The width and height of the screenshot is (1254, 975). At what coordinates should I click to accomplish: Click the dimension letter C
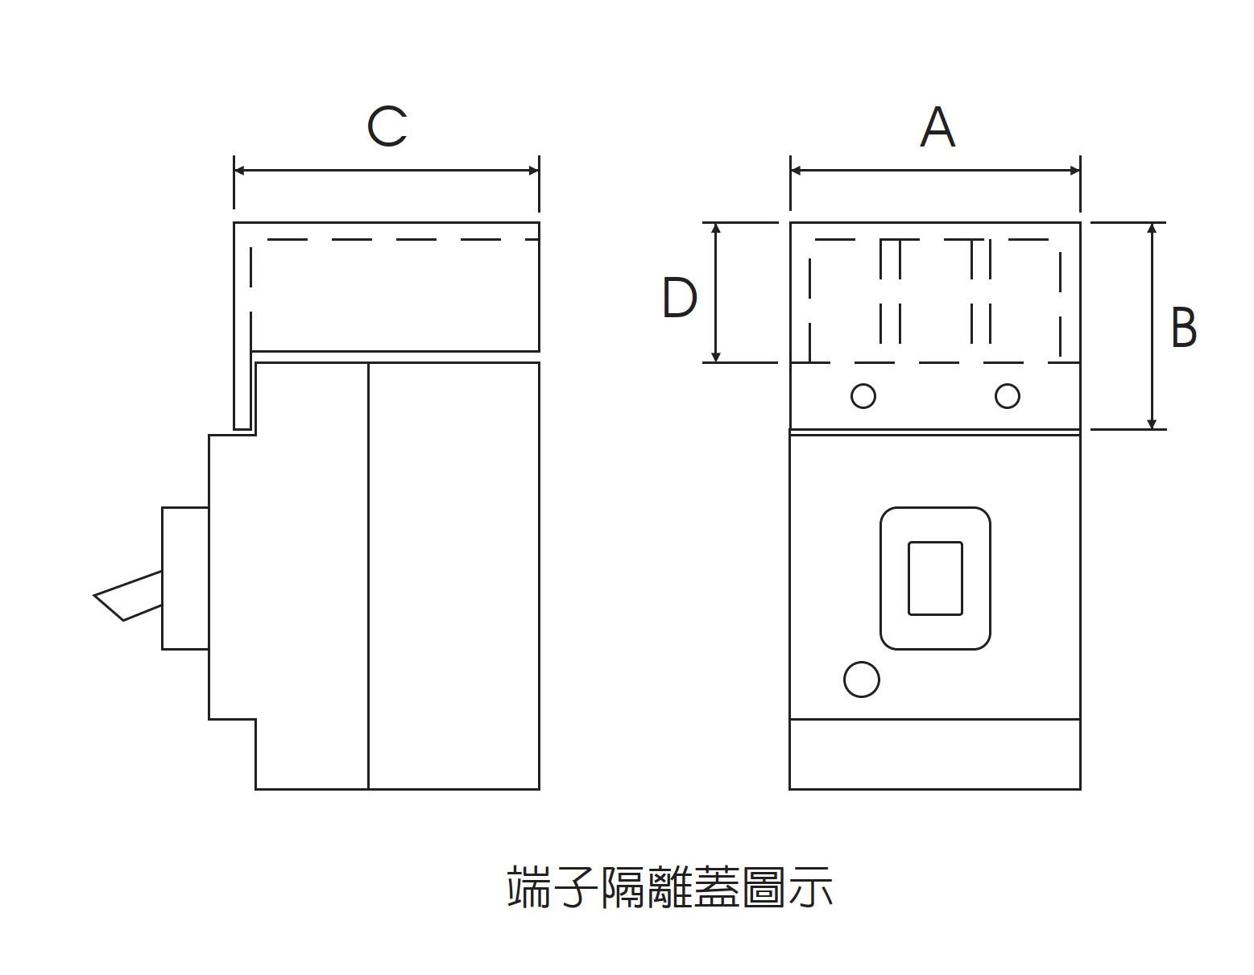[387, 127]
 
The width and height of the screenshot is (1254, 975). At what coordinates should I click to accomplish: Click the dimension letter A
[937, 127]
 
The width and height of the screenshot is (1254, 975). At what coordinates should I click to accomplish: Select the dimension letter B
[1183, 327]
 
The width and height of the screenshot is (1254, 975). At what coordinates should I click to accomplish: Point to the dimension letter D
[679, 298]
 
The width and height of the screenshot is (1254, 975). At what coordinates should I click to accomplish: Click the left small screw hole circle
[863, 396]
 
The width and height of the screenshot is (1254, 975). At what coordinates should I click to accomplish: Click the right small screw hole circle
[1007, 396]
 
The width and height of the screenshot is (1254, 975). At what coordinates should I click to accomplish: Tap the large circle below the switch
[861, 680]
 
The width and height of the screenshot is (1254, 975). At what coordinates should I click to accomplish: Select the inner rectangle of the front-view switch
[935, 578]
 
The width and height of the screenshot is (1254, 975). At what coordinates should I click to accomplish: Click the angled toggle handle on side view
[127, 596]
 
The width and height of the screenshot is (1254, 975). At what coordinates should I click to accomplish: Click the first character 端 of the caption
[528, 887]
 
